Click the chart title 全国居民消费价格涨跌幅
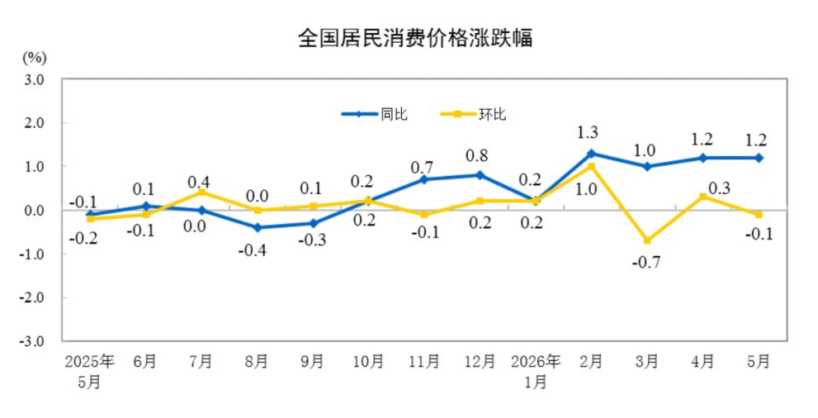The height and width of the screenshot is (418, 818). click(415, 38)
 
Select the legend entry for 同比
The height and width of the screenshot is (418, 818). click(375, 114)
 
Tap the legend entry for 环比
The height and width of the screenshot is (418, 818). click(473, 114)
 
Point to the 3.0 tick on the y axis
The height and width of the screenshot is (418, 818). click(33, 80)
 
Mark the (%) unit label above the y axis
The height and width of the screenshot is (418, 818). click(35, 57)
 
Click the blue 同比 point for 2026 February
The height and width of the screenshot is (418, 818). click(592, 154)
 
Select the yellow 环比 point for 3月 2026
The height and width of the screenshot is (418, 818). click(647, 240)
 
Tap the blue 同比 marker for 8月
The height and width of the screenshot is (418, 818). click(258, 227)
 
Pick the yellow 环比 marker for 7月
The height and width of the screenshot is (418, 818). click(201, 192)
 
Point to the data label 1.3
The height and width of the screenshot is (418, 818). click(588, 132)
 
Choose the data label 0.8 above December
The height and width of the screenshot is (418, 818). click(477, 155)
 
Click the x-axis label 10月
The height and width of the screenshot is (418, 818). click(369, 362)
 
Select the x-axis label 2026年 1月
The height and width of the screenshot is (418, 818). click(536, 372)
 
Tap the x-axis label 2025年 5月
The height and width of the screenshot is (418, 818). click(90, 372)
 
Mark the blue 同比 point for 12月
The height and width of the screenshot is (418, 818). click(480, 175)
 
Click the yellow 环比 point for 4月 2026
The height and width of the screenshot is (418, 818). click(703, 197)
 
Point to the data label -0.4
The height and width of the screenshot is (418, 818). click(253, 251)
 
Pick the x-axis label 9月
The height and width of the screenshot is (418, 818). click(313, 362)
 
